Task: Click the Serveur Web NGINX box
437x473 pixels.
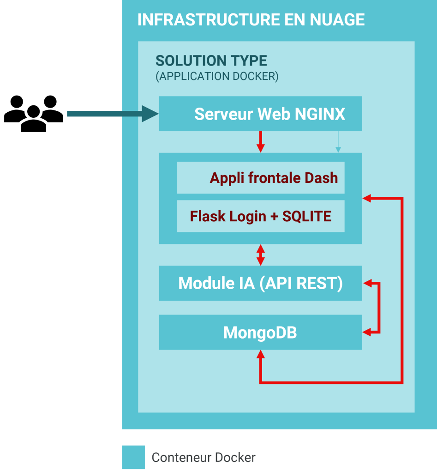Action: [260, 114]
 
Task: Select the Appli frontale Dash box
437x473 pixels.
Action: [260, 178]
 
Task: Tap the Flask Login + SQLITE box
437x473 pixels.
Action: [260, 216]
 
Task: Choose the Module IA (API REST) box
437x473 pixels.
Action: [260, 283]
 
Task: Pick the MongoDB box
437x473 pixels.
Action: [260, 333]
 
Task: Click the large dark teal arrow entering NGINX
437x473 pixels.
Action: [111, 114]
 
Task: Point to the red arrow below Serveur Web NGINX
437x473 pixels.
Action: [261, 141]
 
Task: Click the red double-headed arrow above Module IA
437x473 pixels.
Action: [261, 255]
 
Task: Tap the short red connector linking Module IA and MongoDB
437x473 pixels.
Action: [378, 307]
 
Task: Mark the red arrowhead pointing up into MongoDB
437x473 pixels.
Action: [261, 354]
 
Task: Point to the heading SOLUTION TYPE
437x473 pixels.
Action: [211, 61]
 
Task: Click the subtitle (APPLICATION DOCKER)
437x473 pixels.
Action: [217, 76]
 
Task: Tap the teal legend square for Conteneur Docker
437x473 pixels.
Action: [133, 457]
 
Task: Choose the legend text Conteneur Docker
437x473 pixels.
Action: [204, 458]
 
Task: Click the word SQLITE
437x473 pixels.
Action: [307, 216]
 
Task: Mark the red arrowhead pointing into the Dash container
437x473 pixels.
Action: [367, 198]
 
